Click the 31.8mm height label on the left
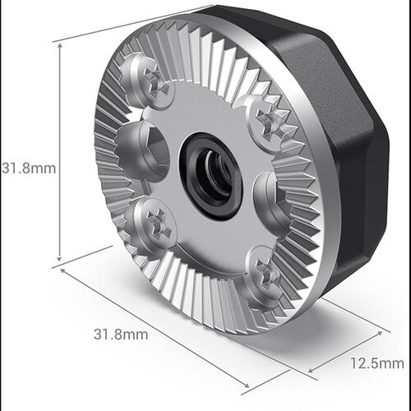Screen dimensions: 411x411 [28, 168]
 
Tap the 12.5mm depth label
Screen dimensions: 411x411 [376, 363]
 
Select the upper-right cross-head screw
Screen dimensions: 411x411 [267, 122]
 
